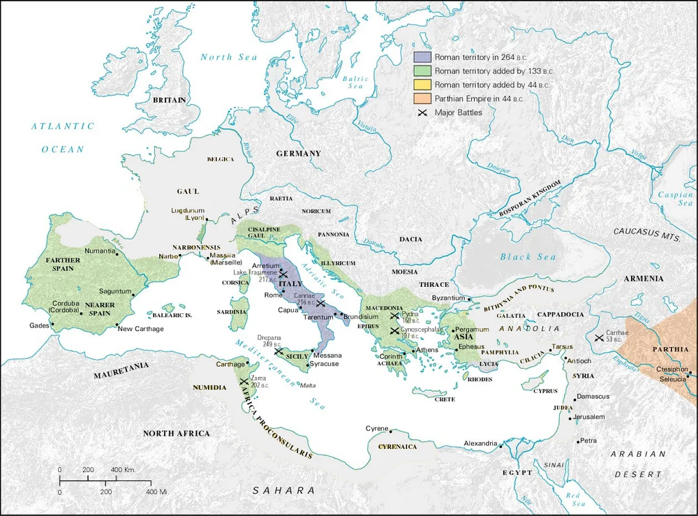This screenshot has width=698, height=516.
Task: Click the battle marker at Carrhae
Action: click(599, 339)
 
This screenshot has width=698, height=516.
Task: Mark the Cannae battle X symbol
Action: click(320, 303)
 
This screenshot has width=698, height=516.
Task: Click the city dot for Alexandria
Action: click(500, 445)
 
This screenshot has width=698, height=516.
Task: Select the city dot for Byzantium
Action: click(470, 300)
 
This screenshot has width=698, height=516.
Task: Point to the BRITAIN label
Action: click(170, 100)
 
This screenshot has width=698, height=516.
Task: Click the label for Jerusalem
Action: click(590, 417)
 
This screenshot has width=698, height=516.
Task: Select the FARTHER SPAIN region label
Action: click(63, 264)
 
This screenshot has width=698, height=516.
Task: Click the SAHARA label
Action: click(285, 490)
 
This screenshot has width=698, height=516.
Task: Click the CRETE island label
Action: click(445, 399)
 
